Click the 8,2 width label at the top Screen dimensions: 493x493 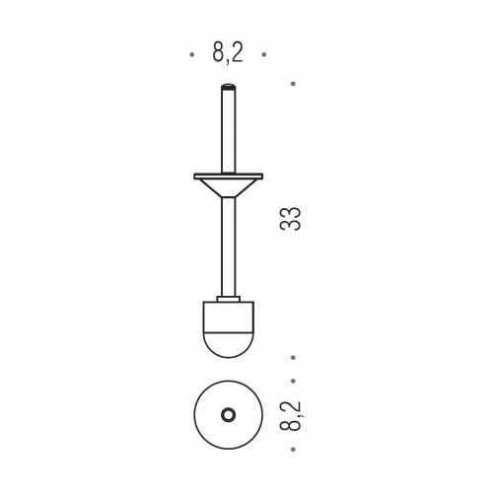point(228,53)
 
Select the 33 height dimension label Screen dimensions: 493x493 point(291,219)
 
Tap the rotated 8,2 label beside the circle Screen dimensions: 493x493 point(291,415)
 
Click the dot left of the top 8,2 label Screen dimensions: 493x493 point(192,54)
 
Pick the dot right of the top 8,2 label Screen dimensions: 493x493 point(264,54)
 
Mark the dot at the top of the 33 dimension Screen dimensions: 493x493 point(293,84)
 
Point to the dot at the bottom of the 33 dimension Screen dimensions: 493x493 point(293,357)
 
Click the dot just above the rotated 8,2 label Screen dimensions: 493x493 point(293,381)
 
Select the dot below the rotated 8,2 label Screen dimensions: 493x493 point(293,449)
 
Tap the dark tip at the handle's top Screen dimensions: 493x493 point(229,87)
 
